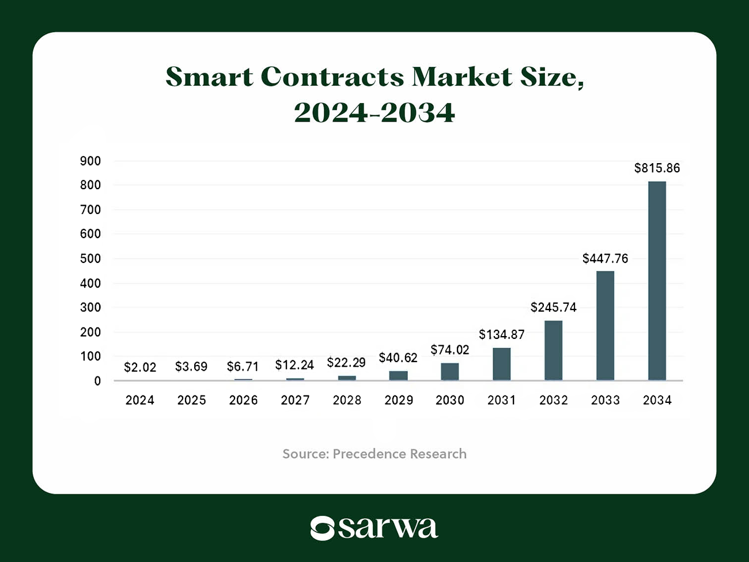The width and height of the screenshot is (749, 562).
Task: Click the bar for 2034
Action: click(657, 281)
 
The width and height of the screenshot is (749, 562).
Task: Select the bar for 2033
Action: click(605, 326)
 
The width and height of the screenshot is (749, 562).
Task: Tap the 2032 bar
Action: click(553, 350)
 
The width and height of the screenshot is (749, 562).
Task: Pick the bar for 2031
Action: click(501, 364)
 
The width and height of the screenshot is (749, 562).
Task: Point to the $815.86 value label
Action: click(657, 168)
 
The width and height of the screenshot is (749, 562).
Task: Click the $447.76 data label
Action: click(605, 258)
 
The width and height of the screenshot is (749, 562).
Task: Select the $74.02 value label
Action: click(449, 350)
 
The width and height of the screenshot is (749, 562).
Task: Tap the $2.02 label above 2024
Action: click(140, 367)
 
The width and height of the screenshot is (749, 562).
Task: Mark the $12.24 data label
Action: click(294, 365)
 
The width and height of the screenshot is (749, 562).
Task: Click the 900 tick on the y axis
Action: click(90, 161)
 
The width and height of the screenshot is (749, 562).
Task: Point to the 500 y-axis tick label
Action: click(90, 259)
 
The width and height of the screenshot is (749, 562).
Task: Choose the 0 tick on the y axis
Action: click(97, 381)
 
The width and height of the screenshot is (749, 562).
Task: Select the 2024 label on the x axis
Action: click(140, 400)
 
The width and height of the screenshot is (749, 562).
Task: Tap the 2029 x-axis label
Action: click(399, 400)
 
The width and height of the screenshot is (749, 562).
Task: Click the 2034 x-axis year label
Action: click(657, 400)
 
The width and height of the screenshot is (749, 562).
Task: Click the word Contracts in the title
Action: click(332, 77)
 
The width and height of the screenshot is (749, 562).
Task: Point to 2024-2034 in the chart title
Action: click(374, 112)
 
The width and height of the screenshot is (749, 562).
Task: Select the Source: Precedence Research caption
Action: click(374, 454)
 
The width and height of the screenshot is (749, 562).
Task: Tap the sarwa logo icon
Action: click(322, 528)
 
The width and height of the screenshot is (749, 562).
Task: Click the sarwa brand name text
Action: click(388, 528)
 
